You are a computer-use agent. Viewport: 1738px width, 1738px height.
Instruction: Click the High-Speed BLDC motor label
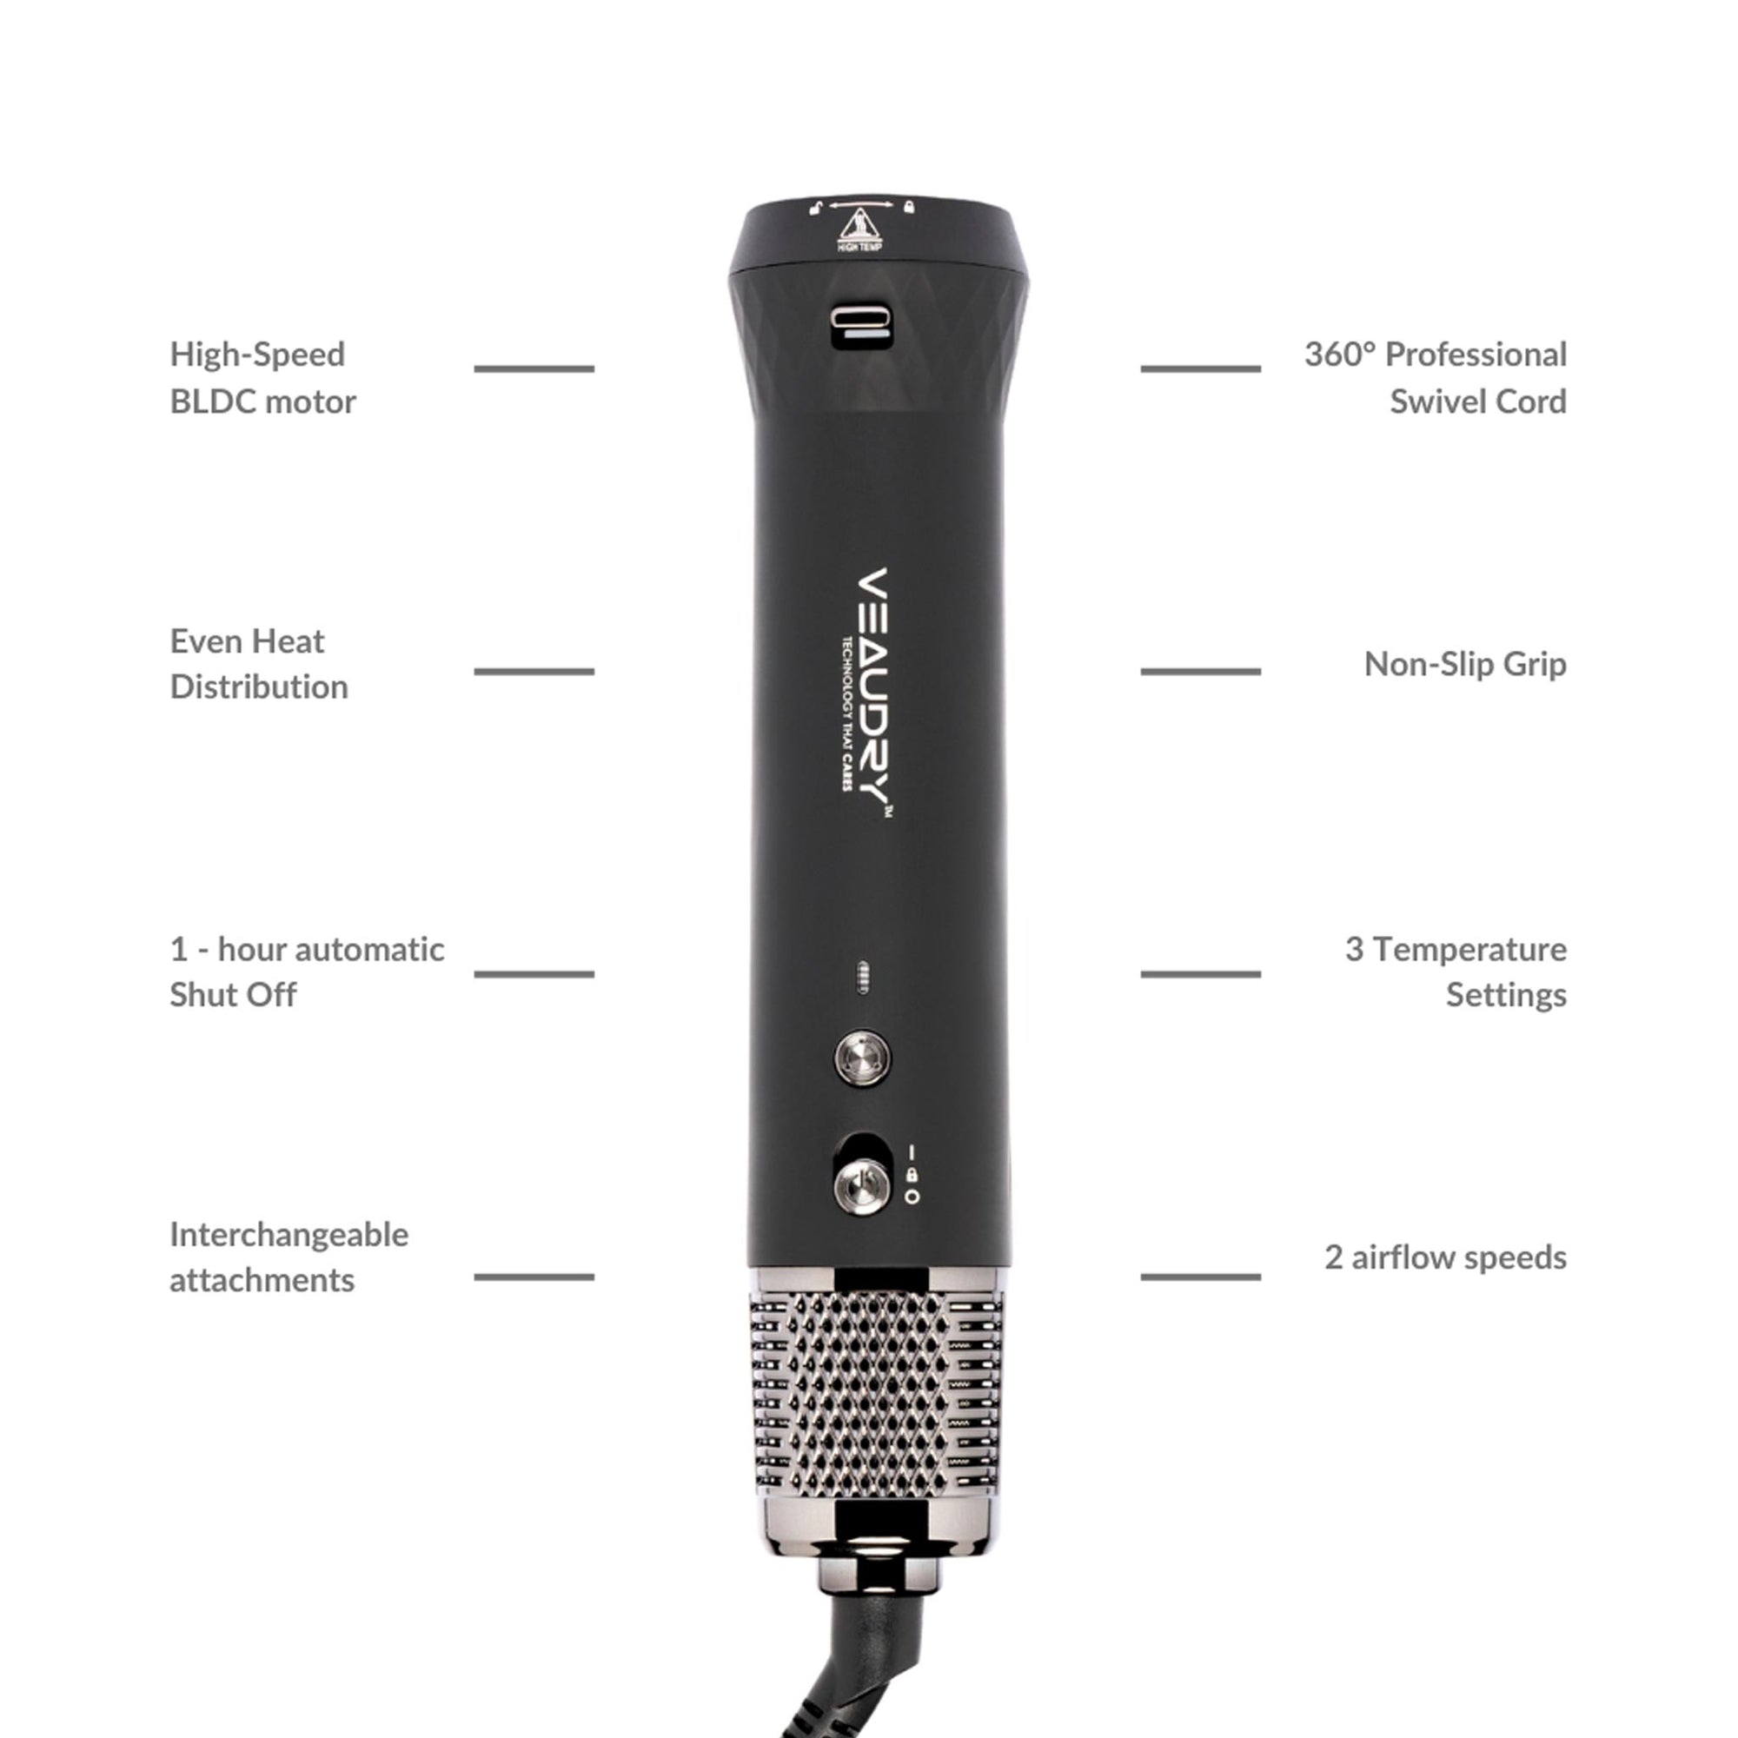pos(262,378)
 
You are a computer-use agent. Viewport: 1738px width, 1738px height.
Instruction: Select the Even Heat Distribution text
pos(259,664)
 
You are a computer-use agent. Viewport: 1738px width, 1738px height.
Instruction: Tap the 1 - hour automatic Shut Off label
pos(307,972)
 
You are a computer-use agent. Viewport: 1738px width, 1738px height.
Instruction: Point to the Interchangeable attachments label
pos(289,1257)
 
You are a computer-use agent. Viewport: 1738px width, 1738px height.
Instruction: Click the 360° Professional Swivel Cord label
pos(1436,378)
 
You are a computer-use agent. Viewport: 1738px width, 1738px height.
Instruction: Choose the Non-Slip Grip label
pos(1465,664)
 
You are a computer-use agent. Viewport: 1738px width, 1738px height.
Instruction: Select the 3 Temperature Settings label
pos(1456,972)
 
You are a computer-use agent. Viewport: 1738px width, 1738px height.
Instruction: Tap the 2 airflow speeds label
pos(1446,1257)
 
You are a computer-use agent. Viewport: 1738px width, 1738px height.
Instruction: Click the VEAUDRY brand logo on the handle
pos(872,693)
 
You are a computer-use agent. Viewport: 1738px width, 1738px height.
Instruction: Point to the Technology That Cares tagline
pos(846,714)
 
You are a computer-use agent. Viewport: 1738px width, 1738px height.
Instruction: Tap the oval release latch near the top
pos(861,327)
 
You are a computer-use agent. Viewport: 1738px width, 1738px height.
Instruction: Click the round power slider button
pos(862,1185)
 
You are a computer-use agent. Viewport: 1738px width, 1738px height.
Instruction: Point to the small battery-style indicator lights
pos(861,977)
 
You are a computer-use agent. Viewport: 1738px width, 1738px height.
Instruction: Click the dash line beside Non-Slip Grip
pos(1200,671)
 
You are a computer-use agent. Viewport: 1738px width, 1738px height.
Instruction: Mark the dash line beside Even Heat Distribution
pos(534,671)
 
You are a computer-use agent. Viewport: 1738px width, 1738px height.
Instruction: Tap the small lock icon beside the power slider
pos(912,1175)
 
